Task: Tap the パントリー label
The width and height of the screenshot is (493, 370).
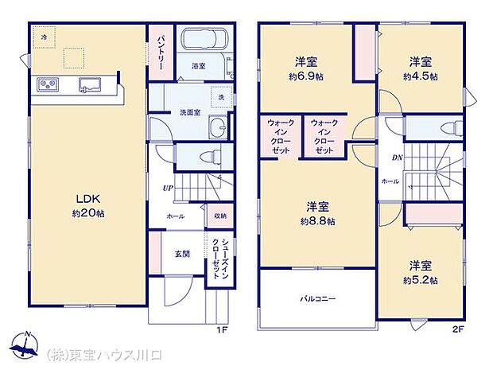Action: pyautogui.click(x=161, y=51)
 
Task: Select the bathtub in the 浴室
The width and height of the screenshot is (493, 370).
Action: pyautogui.click(x=204, y=40)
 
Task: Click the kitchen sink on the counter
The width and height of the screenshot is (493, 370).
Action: pyautogui.click(x=88, y=85)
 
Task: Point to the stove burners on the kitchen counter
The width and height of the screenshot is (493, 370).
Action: pyautogui.click(x=45, y=85)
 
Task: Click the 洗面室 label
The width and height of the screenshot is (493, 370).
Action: pyautogui.click(x=188, y=111)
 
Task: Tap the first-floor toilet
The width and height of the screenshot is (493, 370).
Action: pyautogui.click(x=208, y=155)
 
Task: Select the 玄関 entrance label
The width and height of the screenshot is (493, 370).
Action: pyautogui.click(x=181, y=254)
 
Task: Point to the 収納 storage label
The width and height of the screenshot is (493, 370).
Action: pyautogui.click(x=219, y=216)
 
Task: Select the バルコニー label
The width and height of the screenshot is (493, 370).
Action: pyautogui.click(x=317, y=299)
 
